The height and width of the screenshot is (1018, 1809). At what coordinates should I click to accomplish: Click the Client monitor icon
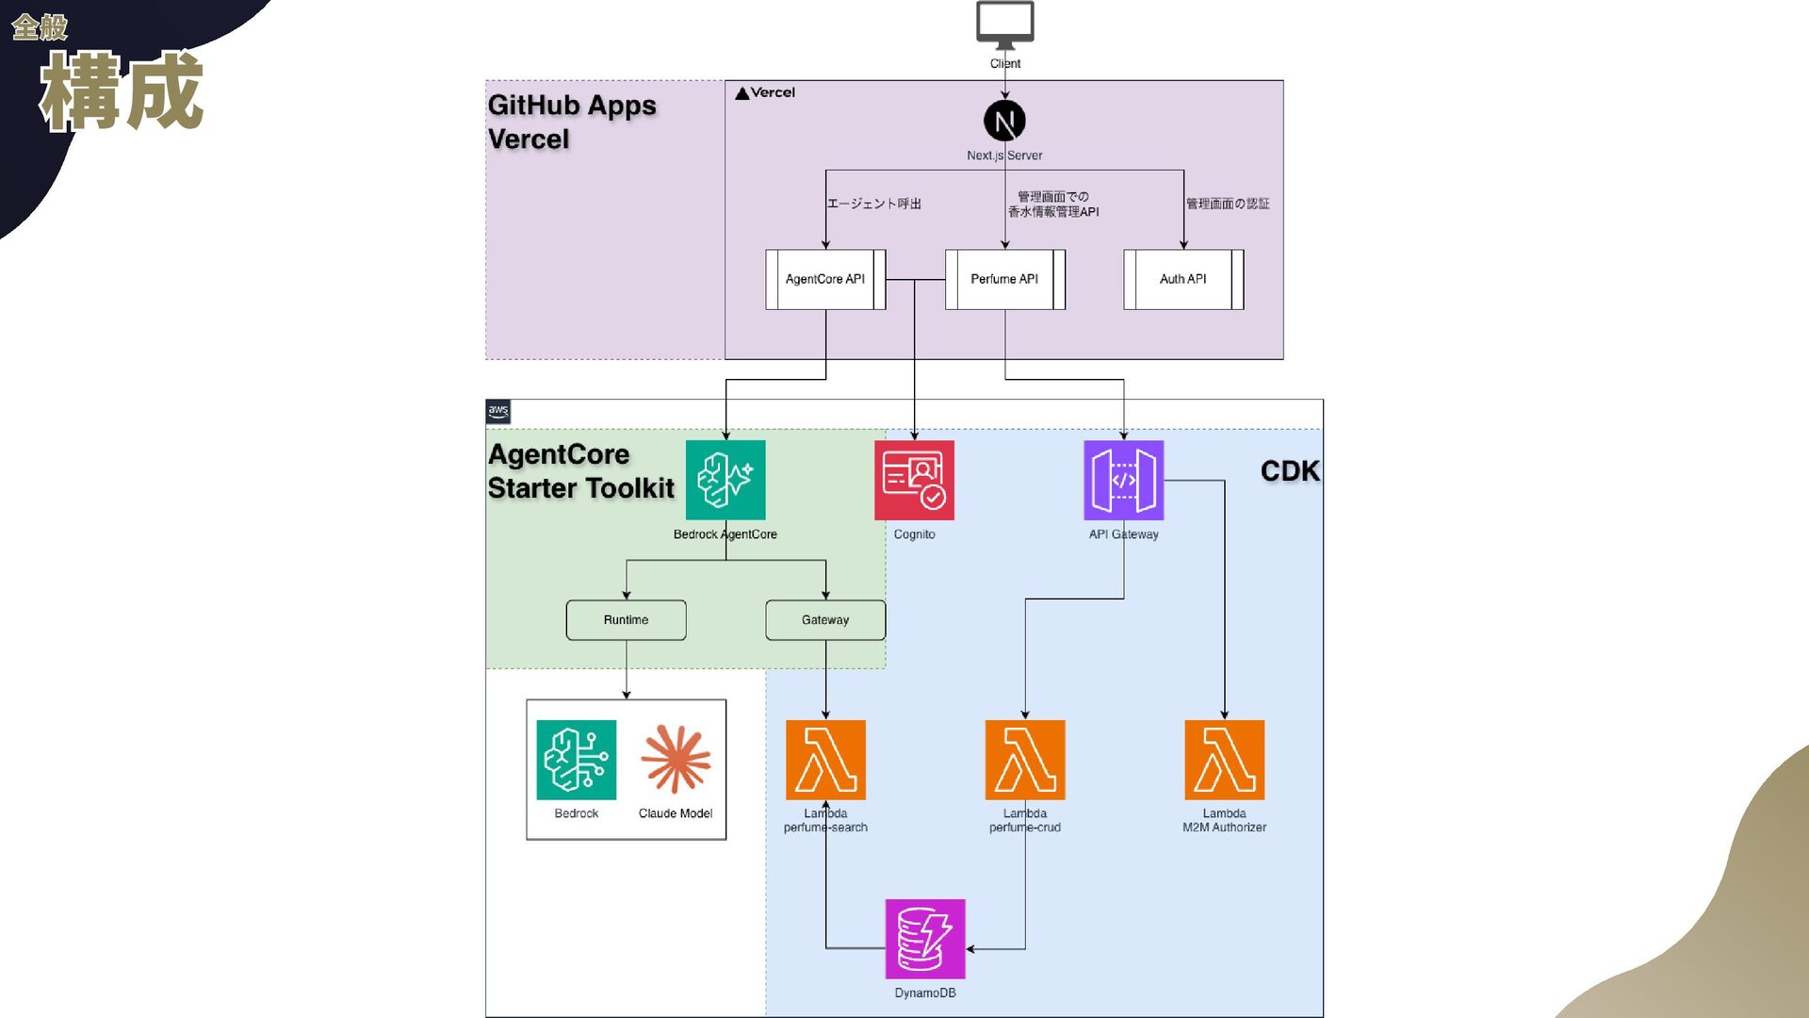(x=1004, y=25)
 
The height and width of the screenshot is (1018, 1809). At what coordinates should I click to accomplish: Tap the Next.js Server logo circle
(x=1004, y=121)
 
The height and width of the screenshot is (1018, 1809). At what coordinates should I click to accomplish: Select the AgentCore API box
(x=825, y=279)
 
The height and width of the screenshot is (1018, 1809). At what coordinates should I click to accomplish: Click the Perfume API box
(x=1004, y=279)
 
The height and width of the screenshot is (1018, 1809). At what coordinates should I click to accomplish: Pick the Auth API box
(x=1183, y=279)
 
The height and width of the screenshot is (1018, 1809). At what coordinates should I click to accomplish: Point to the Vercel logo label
(x=765, y=92)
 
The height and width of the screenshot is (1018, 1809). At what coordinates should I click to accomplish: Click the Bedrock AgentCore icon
(x=725, y=480)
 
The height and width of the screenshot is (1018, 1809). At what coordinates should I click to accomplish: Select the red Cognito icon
(x=914, y=480)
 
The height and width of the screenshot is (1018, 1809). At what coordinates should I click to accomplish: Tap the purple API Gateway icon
(x=1123, y=480)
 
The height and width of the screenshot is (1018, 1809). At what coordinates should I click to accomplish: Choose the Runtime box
(x=626, y=620)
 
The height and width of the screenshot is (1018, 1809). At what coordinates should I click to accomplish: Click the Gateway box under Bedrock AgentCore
(x=825, y=620)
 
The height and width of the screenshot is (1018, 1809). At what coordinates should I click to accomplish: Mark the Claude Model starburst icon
(x=676, y=759)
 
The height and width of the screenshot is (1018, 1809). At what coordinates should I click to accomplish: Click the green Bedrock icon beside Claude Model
(x=576, y=760)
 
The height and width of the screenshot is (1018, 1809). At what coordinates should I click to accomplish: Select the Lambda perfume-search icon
(x=825, y=760)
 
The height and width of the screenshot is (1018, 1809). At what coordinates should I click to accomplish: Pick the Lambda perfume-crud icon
(x=1025, y=760)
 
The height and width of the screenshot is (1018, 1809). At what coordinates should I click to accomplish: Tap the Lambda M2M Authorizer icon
(x=1224, y=760)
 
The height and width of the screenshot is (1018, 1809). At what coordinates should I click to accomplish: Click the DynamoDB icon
(x=925, y=939)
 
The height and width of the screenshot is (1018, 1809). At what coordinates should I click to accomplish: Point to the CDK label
(x=1290, y=471)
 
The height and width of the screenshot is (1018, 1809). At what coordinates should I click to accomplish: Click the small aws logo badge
(x=498, y=411)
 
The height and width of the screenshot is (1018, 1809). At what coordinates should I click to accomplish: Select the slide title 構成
(x=122, y=90)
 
